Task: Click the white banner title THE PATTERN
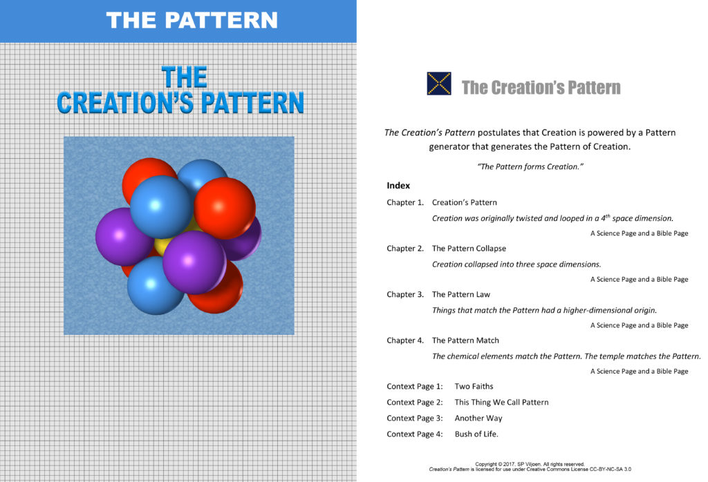(192, 20)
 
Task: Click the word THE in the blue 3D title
(184, 77)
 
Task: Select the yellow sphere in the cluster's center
(165, 246)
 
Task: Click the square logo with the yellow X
(440, 83)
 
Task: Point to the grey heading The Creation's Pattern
(541, 88)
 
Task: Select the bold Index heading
(398, 186)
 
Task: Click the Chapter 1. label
(405, 203)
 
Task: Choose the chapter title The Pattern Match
(465, 340)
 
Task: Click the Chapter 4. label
(405, 340)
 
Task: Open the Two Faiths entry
(474, 387)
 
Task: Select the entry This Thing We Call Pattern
(501, 403)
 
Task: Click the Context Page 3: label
(415, 418)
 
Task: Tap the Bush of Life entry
(476, 434)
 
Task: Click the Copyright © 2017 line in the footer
(530, 464)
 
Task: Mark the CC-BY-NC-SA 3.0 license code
(609, 470)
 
